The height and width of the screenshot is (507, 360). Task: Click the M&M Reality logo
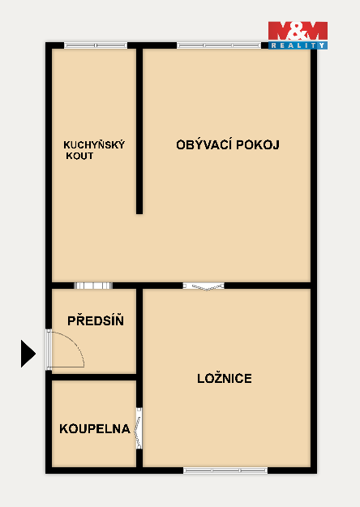pos(298,35)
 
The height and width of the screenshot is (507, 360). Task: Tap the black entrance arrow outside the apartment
pos(28,354)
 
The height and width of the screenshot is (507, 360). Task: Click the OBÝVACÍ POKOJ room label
pos(228,144)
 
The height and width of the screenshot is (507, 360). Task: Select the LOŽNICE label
pos(225,378)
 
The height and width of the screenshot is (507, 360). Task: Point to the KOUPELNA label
pos(95,429)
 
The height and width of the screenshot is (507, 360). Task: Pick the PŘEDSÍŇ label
pos(96,320)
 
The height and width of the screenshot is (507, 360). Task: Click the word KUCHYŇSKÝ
pos(94,144)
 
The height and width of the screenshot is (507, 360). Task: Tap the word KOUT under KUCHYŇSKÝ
pos(79,156)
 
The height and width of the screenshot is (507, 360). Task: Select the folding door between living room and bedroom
pos(204,286)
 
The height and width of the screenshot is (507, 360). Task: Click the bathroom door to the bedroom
pos(139,428)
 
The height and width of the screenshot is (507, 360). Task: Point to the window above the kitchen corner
pos(96,45)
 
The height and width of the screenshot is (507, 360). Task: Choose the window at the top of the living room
pos(219,45)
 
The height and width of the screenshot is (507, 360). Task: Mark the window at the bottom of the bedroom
pos(225,470)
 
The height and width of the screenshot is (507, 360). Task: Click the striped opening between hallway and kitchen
pos(93,286)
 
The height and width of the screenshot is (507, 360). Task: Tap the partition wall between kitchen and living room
pos(139,131)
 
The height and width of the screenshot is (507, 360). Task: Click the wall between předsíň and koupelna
pos(94,377)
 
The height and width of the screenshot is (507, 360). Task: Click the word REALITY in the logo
pos(298,45)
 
